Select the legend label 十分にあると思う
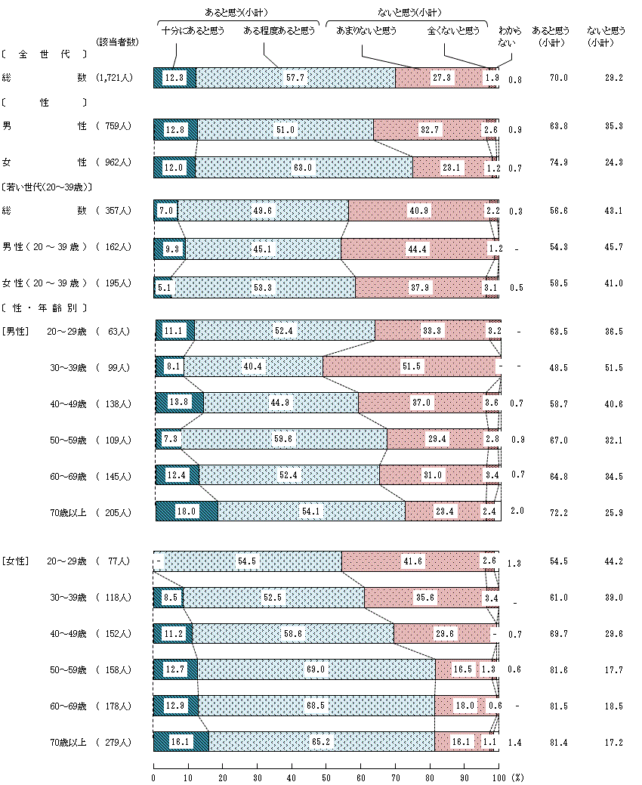(193, 31)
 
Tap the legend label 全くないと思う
(453, 31)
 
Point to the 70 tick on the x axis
(395, 776)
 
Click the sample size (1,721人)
(114, 78)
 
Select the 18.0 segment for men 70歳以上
(186, 511)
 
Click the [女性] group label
(14, 561)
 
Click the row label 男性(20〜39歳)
(46, 247)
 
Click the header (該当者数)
(118, 42)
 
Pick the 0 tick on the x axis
(154, 776)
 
